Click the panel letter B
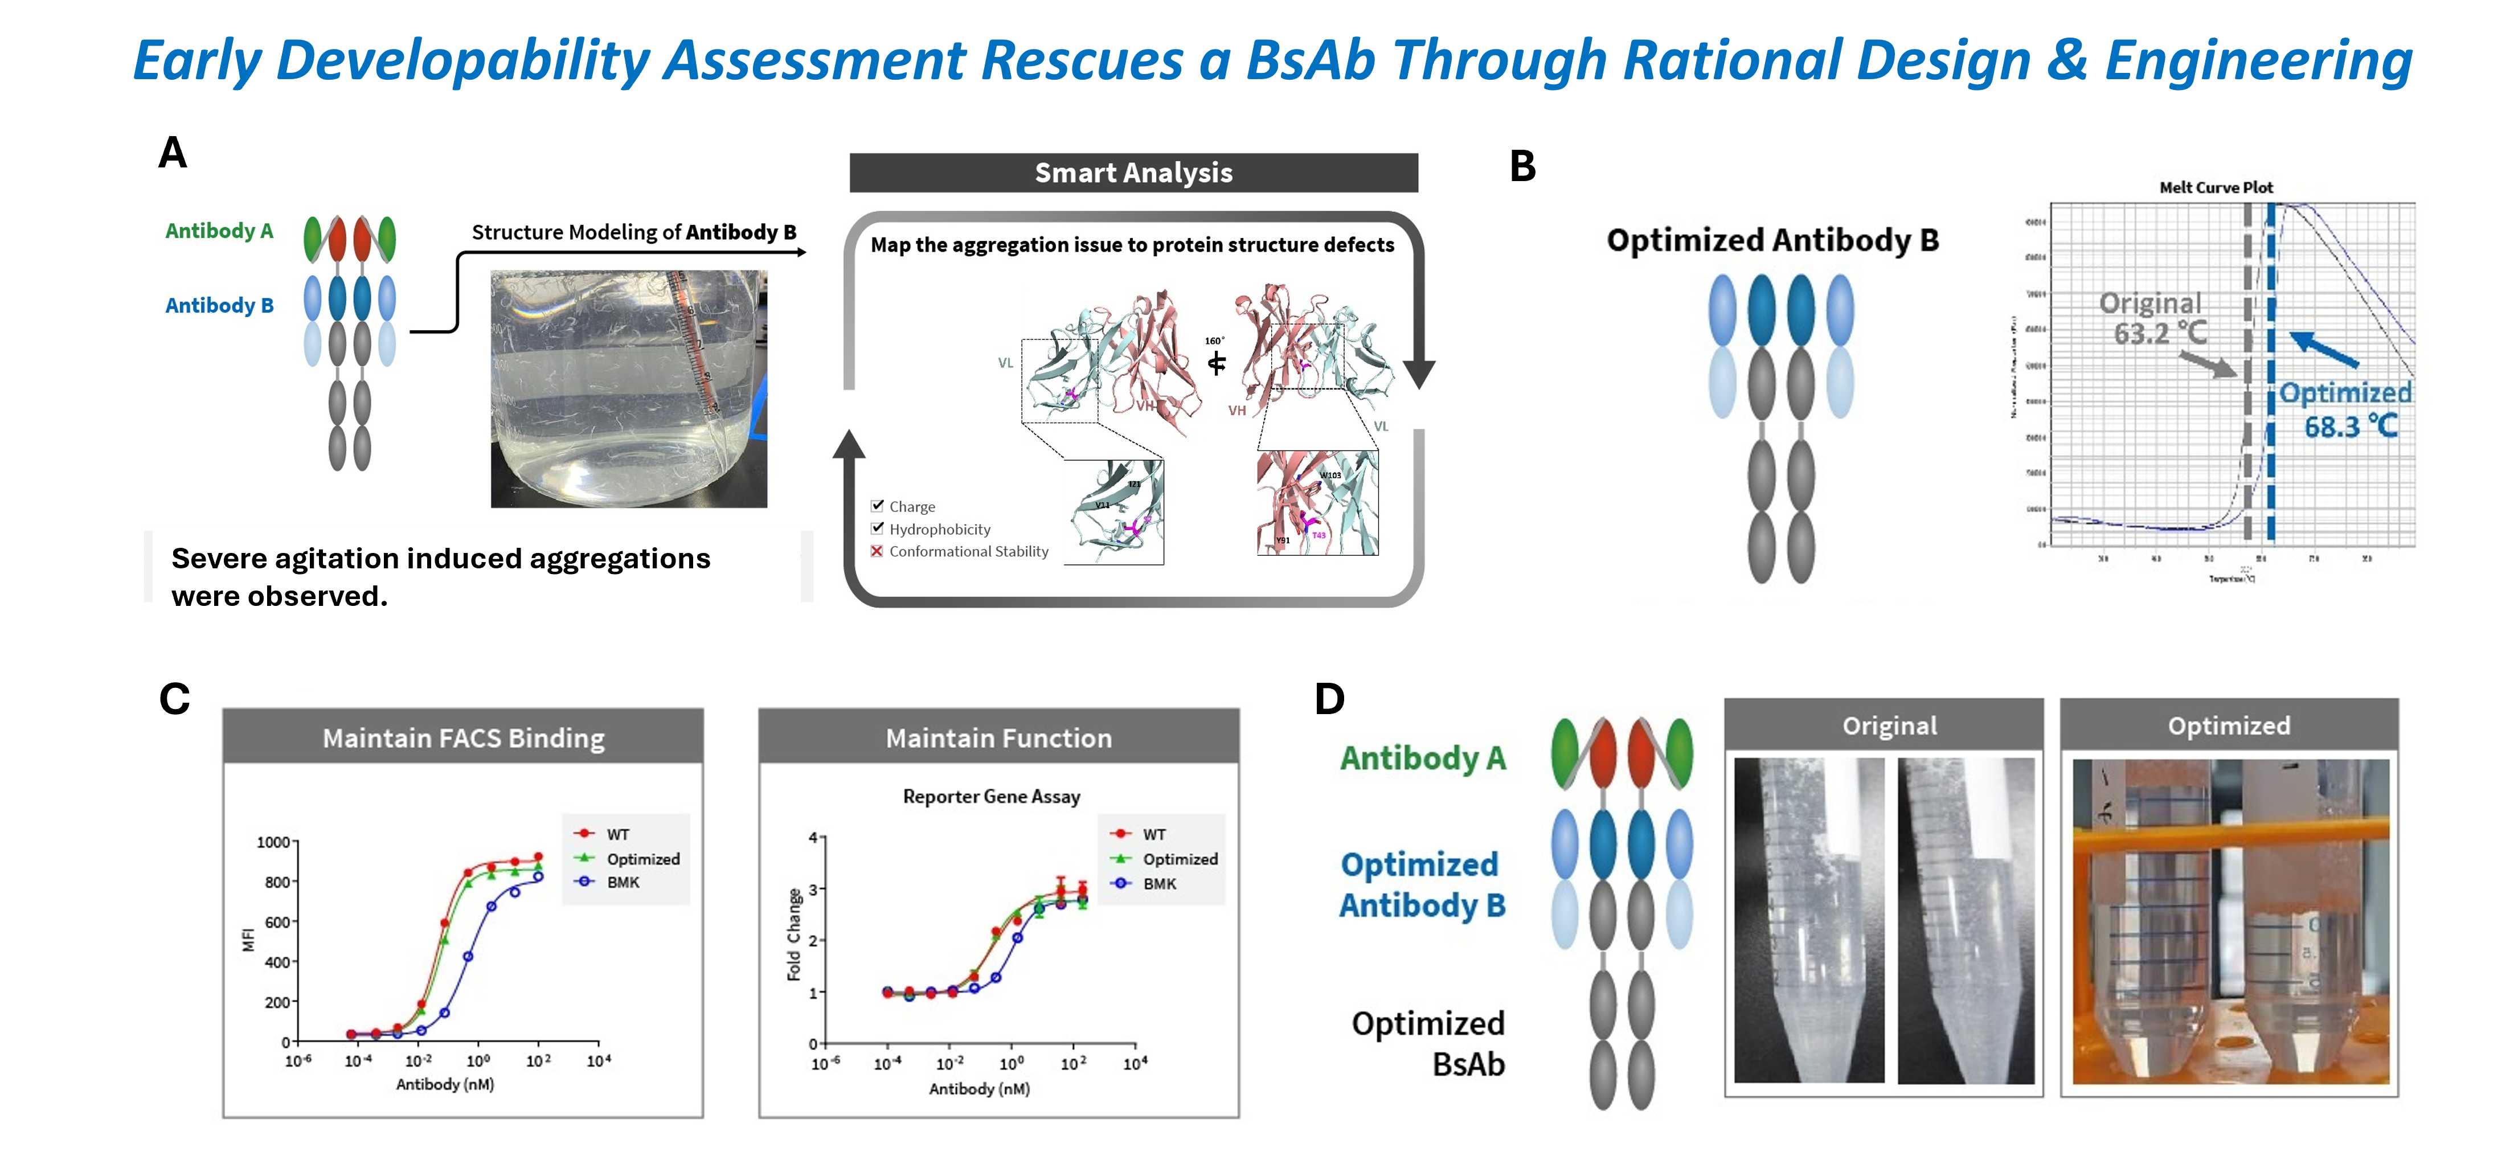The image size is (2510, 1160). click(1522, 166)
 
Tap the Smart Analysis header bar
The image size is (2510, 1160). click(1133, 173)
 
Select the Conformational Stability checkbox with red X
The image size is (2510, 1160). click(877, 551)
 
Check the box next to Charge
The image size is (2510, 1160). click(877, 506)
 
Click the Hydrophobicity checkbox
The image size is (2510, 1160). click(877, 528)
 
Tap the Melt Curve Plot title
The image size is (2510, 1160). click(2216, 187)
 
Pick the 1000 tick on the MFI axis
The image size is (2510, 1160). click(273, 842)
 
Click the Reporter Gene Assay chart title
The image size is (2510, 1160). click(991, 797)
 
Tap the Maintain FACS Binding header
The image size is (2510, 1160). click(463, 738)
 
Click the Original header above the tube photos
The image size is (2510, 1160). click(1889, 725)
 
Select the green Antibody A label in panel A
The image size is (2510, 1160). click(219, 231)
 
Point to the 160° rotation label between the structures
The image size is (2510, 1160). click(1214, 341)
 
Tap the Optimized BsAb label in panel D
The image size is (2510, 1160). click(1428, 1043)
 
